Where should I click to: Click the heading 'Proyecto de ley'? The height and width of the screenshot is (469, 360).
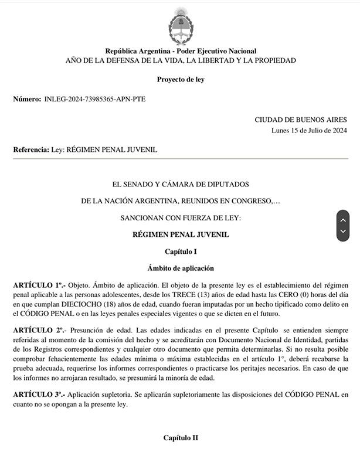coord(180,79)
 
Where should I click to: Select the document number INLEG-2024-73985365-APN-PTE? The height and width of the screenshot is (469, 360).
coord(95,99)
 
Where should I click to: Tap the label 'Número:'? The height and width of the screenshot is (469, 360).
coord(27,99)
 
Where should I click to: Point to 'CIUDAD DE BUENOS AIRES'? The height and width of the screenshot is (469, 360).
coord(300,120)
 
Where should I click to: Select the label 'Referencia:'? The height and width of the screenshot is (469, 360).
coord(31,150)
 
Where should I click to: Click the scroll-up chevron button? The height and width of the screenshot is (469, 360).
coord(343,220)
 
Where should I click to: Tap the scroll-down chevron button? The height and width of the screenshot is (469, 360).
coord(343,232)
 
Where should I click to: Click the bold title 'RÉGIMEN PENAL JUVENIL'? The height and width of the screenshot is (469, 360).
coord(180,235)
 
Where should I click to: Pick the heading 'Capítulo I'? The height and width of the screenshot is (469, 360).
coord(180,252)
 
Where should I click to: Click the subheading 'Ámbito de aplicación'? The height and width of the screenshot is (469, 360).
coord(180,268)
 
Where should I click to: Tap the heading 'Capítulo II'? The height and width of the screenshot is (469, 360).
coord(180,438)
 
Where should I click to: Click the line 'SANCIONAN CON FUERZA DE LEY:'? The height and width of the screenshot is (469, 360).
coord(180,217)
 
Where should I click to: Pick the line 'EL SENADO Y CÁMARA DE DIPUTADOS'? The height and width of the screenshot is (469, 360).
coord(180,184)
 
